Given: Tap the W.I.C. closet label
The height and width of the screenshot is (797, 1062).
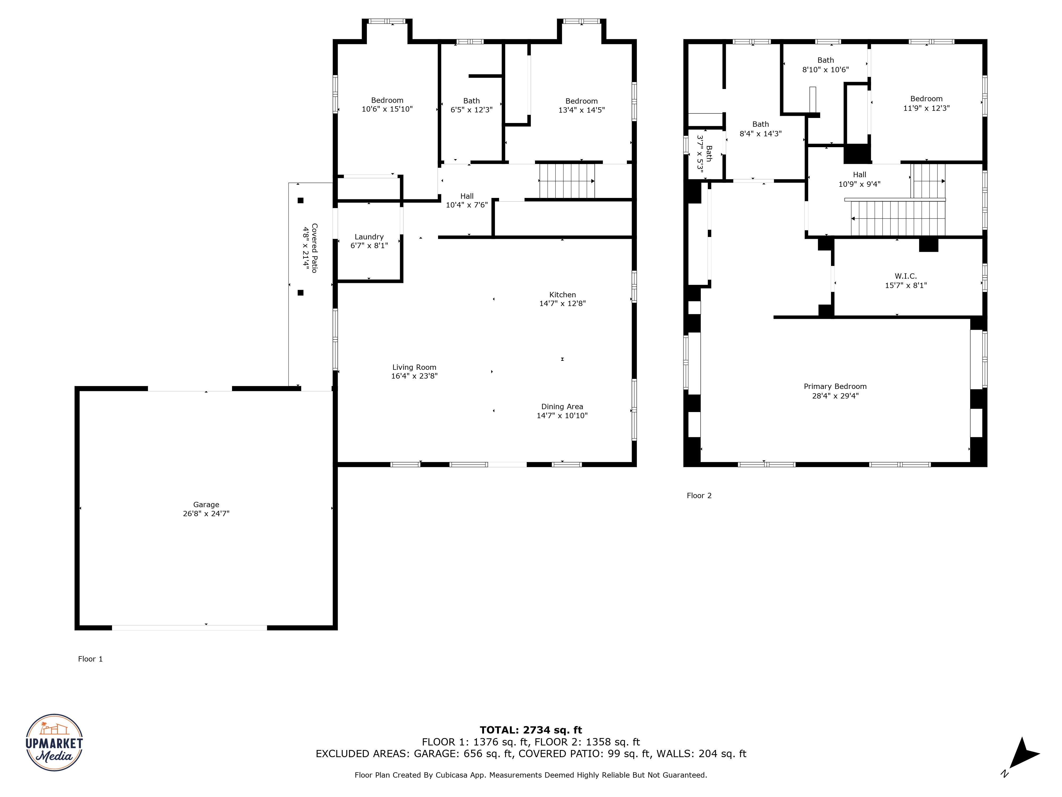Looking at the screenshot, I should tap(905, 276).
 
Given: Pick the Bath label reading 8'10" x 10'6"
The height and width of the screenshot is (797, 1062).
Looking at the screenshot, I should tap(825, 65).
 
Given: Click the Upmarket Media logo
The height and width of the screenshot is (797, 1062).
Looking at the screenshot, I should tap(54, 742).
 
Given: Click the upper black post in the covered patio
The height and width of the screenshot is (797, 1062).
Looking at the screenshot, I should tap(301, 200).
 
